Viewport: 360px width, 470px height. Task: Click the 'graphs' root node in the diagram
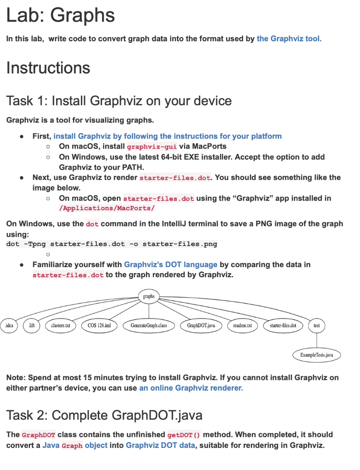click(x=149, y=297)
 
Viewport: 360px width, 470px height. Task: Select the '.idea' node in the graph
click(x=9, y=325)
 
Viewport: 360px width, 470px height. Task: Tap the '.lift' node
click(x=32, y=325)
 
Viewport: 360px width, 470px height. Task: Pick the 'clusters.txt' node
click(x=61, y=325)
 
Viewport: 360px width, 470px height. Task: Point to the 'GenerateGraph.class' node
click(x=149, y=325)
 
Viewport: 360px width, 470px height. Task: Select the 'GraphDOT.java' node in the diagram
click(x=201, y=325)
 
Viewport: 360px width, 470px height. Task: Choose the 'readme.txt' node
click(x=242, y=325)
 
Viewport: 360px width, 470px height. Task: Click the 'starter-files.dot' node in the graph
click(x=283, y=325)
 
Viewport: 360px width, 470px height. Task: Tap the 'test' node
click(x=317, y=325)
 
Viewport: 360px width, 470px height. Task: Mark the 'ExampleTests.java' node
click(x=317, y=355)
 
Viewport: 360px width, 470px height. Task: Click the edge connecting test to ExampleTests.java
click(x=317, y=340)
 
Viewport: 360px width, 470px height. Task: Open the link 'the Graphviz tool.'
click(x=289, y=39)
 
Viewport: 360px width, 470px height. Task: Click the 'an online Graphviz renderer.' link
click(x=191, y=388)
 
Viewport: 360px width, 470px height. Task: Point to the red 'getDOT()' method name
click(x=184, y=435)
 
